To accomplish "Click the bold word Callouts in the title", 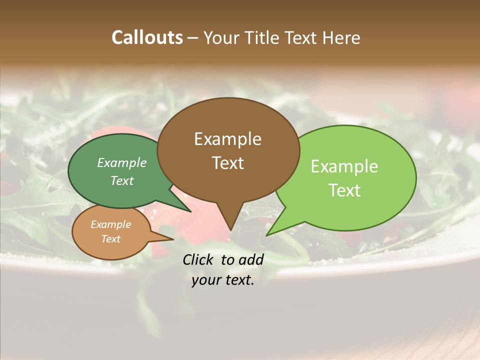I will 147,37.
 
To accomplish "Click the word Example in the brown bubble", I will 227,139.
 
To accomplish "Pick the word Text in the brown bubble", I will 227,163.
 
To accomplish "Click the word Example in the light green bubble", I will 344,166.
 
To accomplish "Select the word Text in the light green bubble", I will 344,190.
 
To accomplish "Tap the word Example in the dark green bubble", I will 122,162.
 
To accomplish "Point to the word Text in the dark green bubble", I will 122,180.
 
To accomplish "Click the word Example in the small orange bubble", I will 110,224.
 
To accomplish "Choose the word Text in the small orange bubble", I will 110,239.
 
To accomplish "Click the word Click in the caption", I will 198,259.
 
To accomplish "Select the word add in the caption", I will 251,259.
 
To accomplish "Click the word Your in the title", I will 221,37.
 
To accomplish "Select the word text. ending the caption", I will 239,280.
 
